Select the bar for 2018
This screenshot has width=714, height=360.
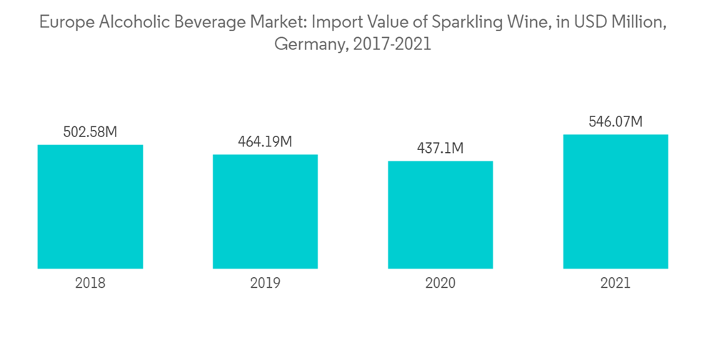point(90,206)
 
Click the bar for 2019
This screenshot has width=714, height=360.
point(265,211)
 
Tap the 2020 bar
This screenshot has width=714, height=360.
point(440,214)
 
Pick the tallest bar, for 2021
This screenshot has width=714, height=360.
point(615,201)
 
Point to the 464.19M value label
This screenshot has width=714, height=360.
point(265,141)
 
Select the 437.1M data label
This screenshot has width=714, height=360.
point(440,148)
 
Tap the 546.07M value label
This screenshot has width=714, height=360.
point(615,122)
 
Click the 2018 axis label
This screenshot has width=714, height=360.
point(90,283)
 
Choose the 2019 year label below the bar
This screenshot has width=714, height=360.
point(265,283)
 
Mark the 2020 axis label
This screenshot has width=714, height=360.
point(440,283)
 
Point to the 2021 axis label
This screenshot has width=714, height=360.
point(615,283)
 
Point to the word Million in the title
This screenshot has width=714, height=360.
point(643,23)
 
